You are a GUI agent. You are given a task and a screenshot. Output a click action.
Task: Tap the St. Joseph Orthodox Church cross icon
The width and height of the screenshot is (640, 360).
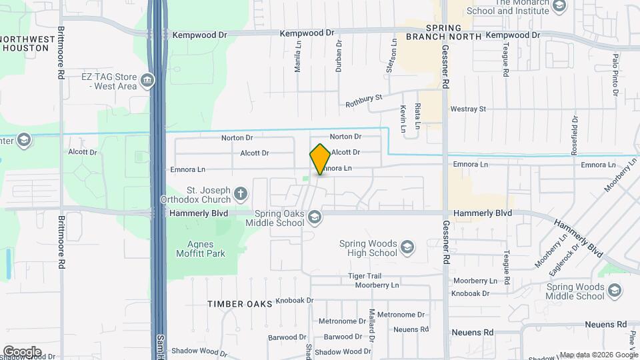(241, 195)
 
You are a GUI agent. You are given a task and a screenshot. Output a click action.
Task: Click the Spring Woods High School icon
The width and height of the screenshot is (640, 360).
(407, 249)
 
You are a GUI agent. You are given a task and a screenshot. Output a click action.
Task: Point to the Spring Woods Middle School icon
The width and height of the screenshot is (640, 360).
(614, 291)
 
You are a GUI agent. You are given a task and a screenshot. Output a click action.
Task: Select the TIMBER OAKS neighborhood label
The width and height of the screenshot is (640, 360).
(239, 304)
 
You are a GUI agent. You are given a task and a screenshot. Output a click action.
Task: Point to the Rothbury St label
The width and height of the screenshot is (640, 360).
(363, 101)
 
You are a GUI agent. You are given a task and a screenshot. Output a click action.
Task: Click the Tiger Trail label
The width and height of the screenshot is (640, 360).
(364, 276)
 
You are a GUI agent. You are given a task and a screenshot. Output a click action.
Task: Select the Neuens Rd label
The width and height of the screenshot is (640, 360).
(472, 332)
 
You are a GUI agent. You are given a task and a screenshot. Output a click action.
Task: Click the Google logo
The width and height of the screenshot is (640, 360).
(22, 352)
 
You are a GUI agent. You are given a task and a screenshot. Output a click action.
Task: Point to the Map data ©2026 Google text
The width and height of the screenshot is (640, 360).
(598, 355)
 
